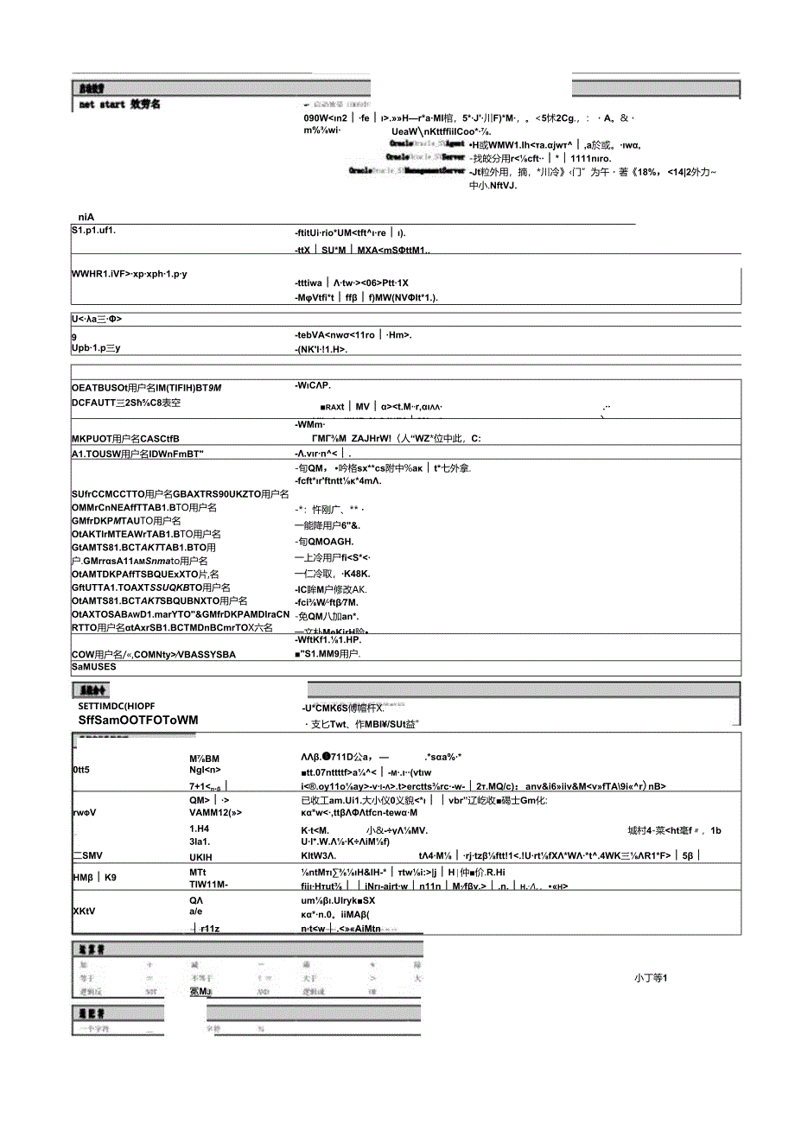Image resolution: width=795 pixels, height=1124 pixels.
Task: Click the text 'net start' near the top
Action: (101, 105)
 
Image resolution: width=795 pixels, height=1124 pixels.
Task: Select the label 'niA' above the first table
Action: (85, 218)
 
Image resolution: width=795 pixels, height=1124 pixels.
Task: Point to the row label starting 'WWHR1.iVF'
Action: (130, 274)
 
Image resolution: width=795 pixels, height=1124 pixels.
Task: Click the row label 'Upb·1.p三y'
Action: (96, 348)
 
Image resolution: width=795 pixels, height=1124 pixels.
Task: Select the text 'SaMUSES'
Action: (93, 667)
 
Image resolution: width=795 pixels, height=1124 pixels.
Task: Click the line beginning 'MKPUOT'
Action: (125, 439)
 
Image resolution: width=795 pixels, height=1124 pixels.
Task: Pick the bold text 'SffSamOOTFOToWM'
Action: (137, 720)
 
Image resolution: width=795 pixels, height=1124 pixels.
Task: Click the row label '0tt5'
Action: (81, 770)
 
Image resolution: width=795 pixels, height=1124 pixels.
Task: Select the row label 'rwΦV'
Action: (84, 813)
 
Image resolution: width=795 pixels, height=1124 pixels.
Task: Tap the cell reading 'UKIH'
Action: (200, 856)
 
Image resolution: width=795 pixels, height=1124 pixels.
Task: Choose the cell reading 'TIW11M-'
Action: (209, 885)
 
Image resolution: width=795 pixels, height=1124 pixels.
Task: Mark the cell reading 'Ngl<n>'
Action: (205, 770)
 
